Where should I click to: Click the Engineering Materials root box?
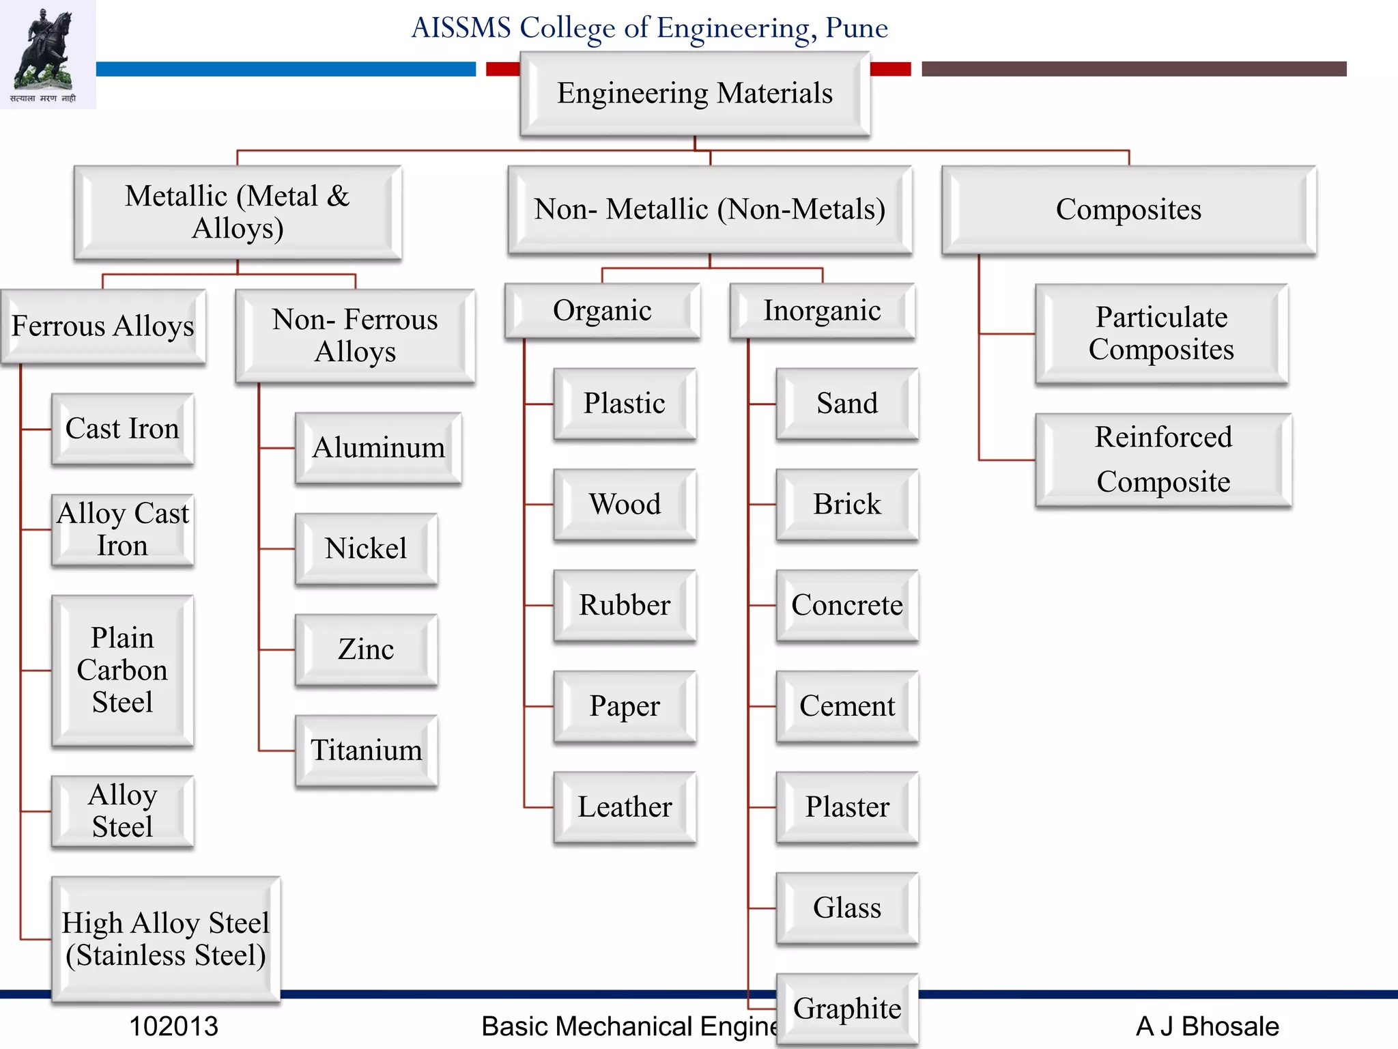coord(694,94)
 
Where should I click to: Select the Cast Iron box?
coord(122,429)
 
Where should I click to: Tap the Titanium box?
coord(366,751)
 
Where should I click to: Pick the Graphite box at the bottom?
coord(847,1009)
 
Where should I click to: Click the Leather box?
coord(625,807)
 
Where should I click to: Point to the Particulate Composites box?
coord(1161,333)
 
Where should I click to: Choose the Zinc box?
coord(366,649)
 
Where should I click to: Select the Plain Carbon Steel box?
coord(122,670)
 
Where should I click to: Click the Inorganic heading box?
coord(822,311)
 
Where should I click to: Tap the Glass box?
coord(847,908)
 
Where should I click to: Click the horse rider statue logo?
coord(46,51)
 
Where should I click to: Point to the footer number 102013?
coord(173,1026)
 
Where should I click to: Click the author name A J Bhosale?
coord(1207,1026)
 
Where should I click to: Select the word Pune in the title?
coord(857,28)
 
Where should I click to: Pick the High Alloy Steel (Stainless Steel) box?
coord(166,939)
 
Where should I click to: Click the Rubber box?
coord(625,605)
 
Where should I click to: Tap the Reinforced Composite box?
coord(1163,460)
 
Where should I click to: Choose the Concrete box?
coord(847,605)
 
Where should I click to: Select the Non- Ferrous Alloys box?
coord(355,335)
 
